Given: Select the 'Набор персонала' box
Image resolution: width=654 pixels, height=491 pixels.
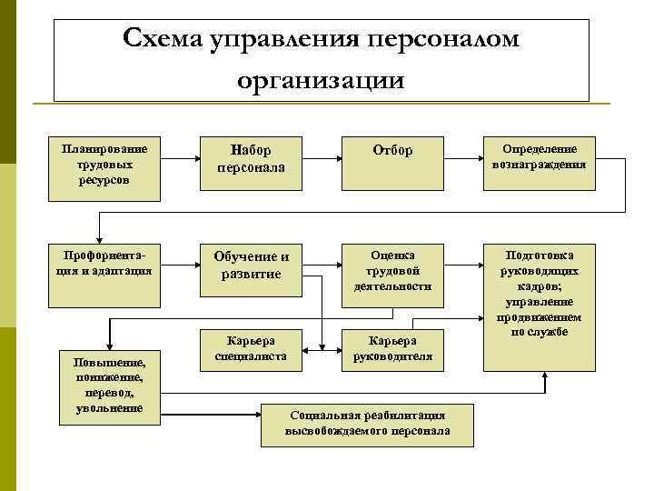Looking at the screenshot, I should point(252,158).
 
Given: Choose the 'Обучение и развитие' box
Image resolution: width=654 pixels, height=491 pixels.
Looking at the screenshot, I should point(252,265).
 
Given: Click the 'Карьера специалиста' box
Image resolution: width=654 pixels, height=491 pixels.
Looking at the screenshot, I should point(251,348).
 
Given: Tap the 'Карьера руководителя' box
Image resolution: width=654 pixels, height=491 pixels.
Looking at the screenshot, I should point(392,348).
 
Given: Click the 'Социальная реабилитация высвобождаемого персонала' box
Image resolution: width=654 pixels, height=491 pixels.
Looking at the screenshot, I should point(367,423).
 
